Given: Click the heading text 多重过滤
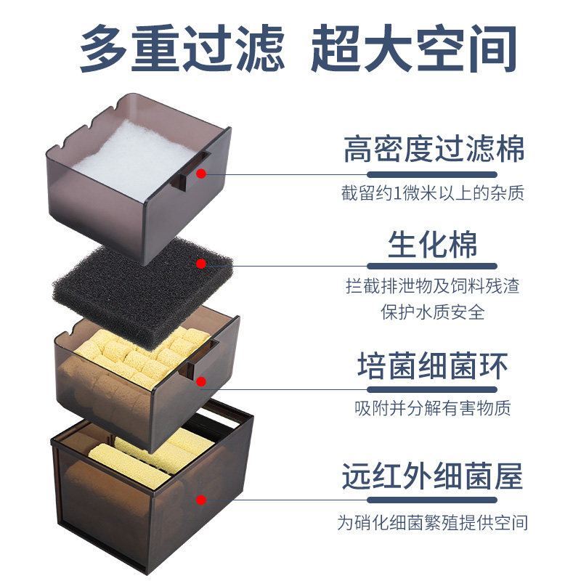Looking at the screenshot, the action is [182, 49].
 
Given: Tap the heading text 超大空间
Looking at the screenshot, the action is [414, 49].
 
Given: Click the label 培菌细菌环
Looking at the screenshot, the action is [434, 366].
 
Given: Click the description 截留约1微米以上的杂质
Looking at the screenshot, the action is [434, 194].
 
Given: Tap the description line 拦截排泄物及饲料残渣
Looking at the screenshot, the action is [434, 285].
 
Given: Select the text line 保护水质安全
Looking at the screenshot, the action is [434, 312].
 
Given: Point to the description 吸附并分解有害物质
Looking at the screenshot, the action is [434, 407].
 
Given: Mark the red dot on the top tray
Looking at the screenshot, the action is [202, 174].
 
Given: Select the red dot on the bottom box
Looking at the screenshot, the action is [202, 500].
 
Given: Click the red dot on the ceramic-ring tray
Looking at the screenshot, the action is [202, 380].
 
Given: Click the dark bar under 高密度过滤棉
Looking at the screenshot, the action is [434, 174].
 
